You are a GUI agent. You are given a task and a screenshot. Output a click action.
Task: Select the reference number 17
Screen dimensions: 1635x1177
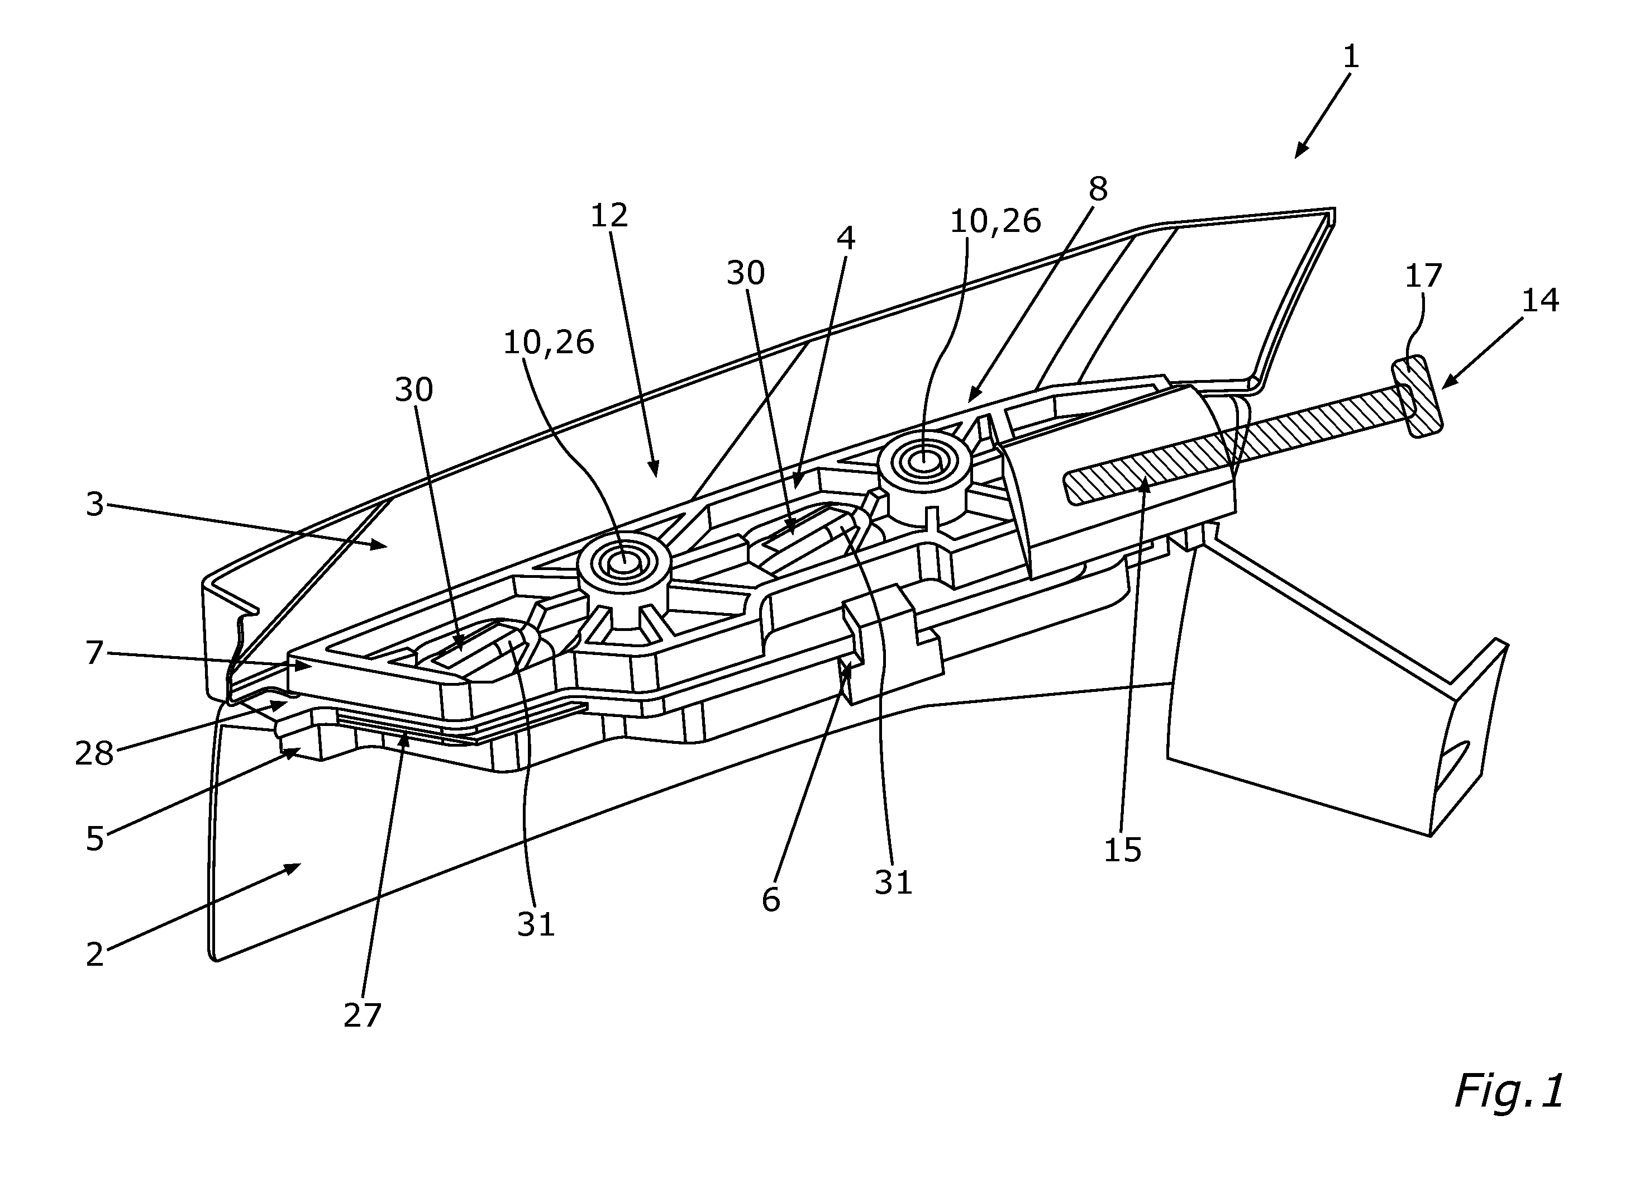pyautogui.click(x=1423, y=276)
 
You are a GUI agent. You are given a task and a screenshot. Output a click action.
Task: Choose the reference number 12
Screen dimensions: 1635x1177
pyautogui.click(x=609, y=215)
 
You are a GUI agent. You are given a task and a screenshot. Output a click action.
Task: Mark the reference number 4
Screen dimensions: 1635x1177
pyautogui.click(x=846, y=238)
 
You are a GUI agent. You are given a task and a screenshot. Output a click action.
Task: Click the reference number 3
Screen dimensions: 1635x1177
pyautogui.click(x=95, y=505)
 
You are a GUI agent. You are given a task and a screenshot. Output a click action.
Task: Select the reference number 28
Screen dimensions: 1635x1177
pyautogui.click(x=94, y=754)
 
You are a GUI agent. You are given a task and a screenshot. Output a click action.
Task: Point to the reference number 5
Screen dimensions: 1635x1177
pyautogui.click(x=95, y=839)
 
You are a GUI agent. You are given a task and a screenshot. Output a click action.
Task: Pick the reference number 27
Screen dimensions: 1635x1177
pyautogui.click(x=362, y=1016)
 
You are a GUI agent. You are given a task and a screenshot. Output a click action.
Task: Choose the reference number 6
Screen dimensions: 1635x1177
pyautogui.click(x=771, y=899)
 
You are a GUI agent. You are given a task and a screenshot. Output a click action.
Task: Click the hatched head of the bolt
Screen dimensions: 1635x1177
pyautogui.click(x=1417, y=395)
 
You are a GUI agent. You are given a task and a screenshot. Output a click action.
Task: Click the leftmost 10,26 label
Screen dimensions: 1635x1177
pyautogui.click(x=549, y=343)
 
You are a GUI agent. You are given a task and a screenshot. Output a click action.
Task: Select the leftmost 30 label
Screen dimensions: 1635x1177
pyautogui.click(x=414, y=390)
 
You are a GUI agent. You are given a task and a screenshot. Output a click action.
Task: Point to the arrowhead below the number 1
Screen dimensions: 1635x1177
pyautogui.click(x=1300, y=149)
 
